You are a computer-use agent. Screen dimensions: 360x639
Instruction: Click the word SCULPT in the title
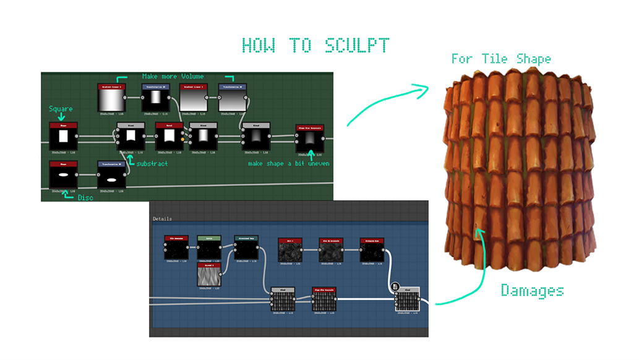click(355, 46)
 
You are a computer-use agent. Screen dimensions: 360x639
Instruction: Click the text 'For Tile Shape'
click(500, 59)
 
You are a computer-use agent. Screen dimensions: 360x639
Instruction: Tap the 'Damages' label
click(532, 289)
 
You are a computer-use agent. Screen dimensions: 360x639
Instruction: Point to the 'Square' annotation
click(61, 109)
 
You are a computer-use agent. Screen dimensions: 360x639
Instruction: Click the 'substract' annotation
click(152, 164)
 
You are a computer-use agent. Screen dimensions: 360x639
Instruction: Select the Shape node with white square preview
click(62, 136)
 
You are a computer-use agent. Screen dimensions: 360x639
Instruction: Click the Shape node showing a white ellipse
click(62, 174)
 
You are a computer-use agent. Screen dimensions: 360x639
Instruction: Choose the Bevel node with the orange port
click(168, 136)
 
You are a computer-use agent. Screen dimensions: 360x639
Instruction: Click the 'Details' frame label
click(162, 218)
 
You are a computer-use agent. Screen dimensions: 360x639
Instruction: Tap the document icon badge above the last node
click(395, 286)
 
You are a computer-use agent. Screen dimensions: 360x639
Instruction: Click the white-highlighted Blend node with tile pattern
click(408, 301)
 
